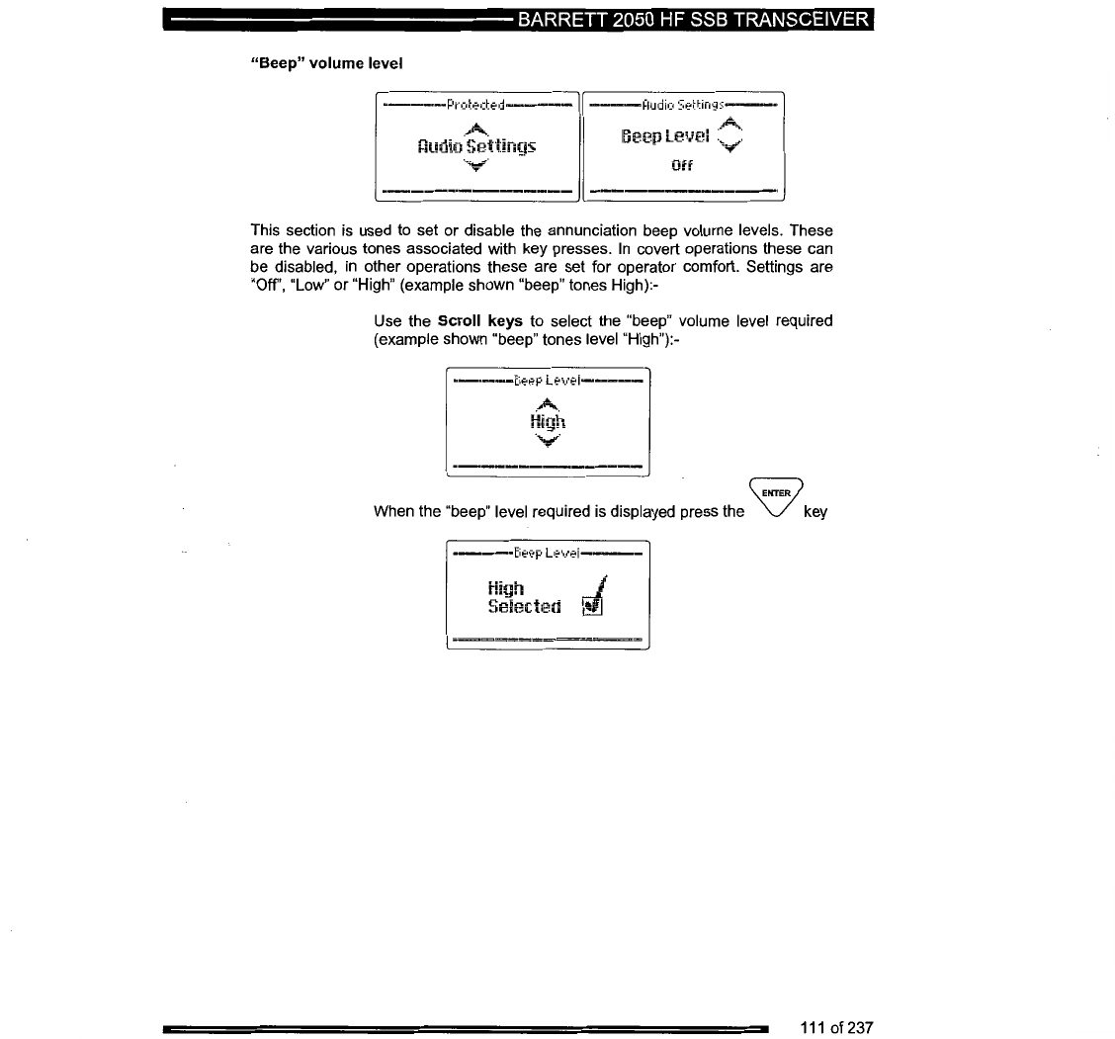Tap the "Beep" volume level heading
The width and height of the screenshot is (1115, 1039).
click(x=324, y=61)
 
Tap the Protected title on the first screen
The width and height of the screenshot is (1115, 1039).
click(x=475, y=105)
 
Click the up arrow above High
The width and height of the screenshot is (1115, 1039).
click(x=548, y=403)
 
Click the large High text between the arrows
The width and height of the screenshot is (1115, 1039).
click(x=548, y=422)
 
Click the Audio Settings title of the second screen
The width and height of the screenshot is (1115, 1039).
click(x=683, y=104)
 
